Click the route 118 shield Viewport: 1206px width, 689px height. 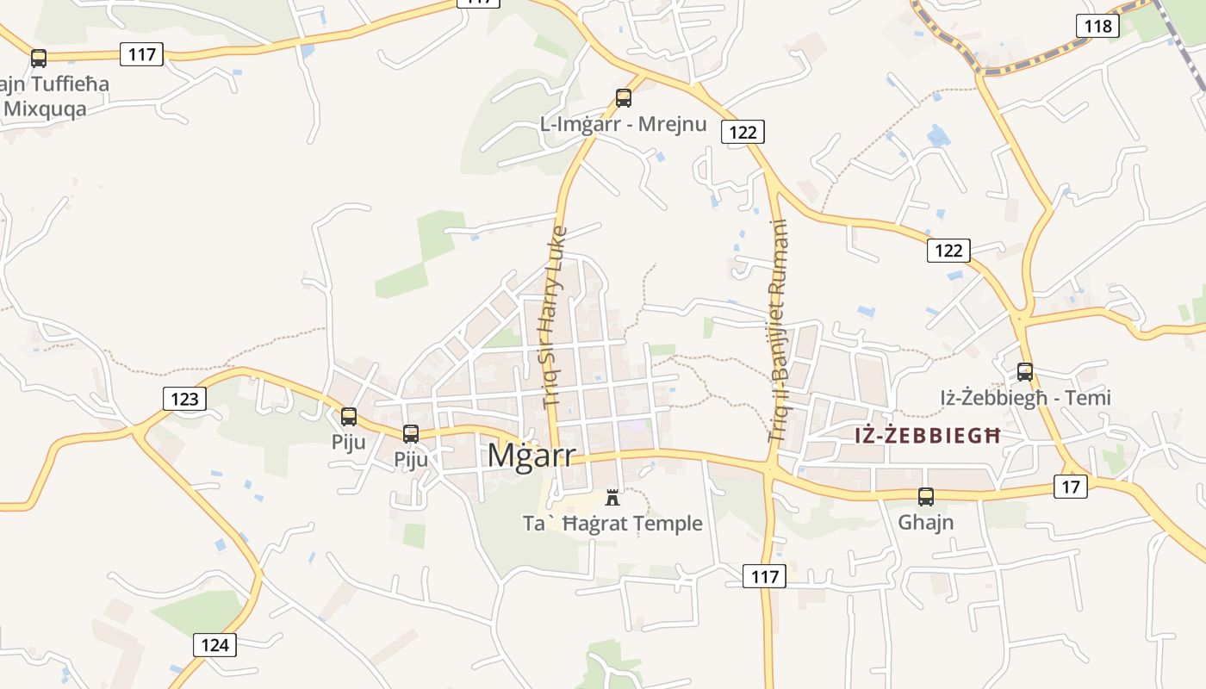(1097, 26)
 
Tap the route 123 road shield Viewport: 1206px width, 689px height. (184, 399)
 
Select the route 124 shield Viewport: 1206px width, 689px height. (214, 645)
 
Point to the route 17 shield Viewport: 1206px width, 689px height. (1070, 487)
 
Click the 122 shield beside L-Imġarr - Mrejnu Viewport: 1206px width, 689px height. (743, 132)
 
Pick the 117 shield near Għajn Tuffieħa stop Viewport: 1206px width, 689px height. (141, 55)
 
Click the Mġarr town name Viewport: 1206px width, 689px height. (531, 456)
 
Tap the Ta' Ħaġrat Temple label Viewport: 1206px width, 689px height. (612, 524)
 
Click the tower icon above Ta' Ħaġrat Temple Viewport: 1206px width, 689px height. (612, 497)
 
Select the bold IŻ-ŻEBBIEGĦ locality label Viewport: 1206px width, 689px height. (928, 436)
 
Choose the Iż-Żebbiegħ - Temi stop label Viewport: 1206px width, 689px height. (1025, 398)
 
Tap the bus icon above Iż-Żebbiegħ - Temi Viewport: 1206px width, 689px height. (1025, 372)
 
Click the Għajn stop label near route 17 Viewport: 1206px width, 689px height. (926, 522)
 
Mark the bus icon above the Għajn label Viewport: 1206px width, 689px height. (926, 497)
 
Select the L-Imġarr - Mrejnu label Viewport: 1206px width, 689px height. (623, 124)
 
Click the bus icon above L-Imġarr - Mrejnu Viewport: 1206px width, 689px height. (624, 98)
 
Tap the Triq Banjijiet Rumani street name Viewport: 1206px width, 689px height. (778, 332)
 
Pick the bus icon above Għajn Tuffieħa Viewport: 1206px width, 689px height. (39, 59)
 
